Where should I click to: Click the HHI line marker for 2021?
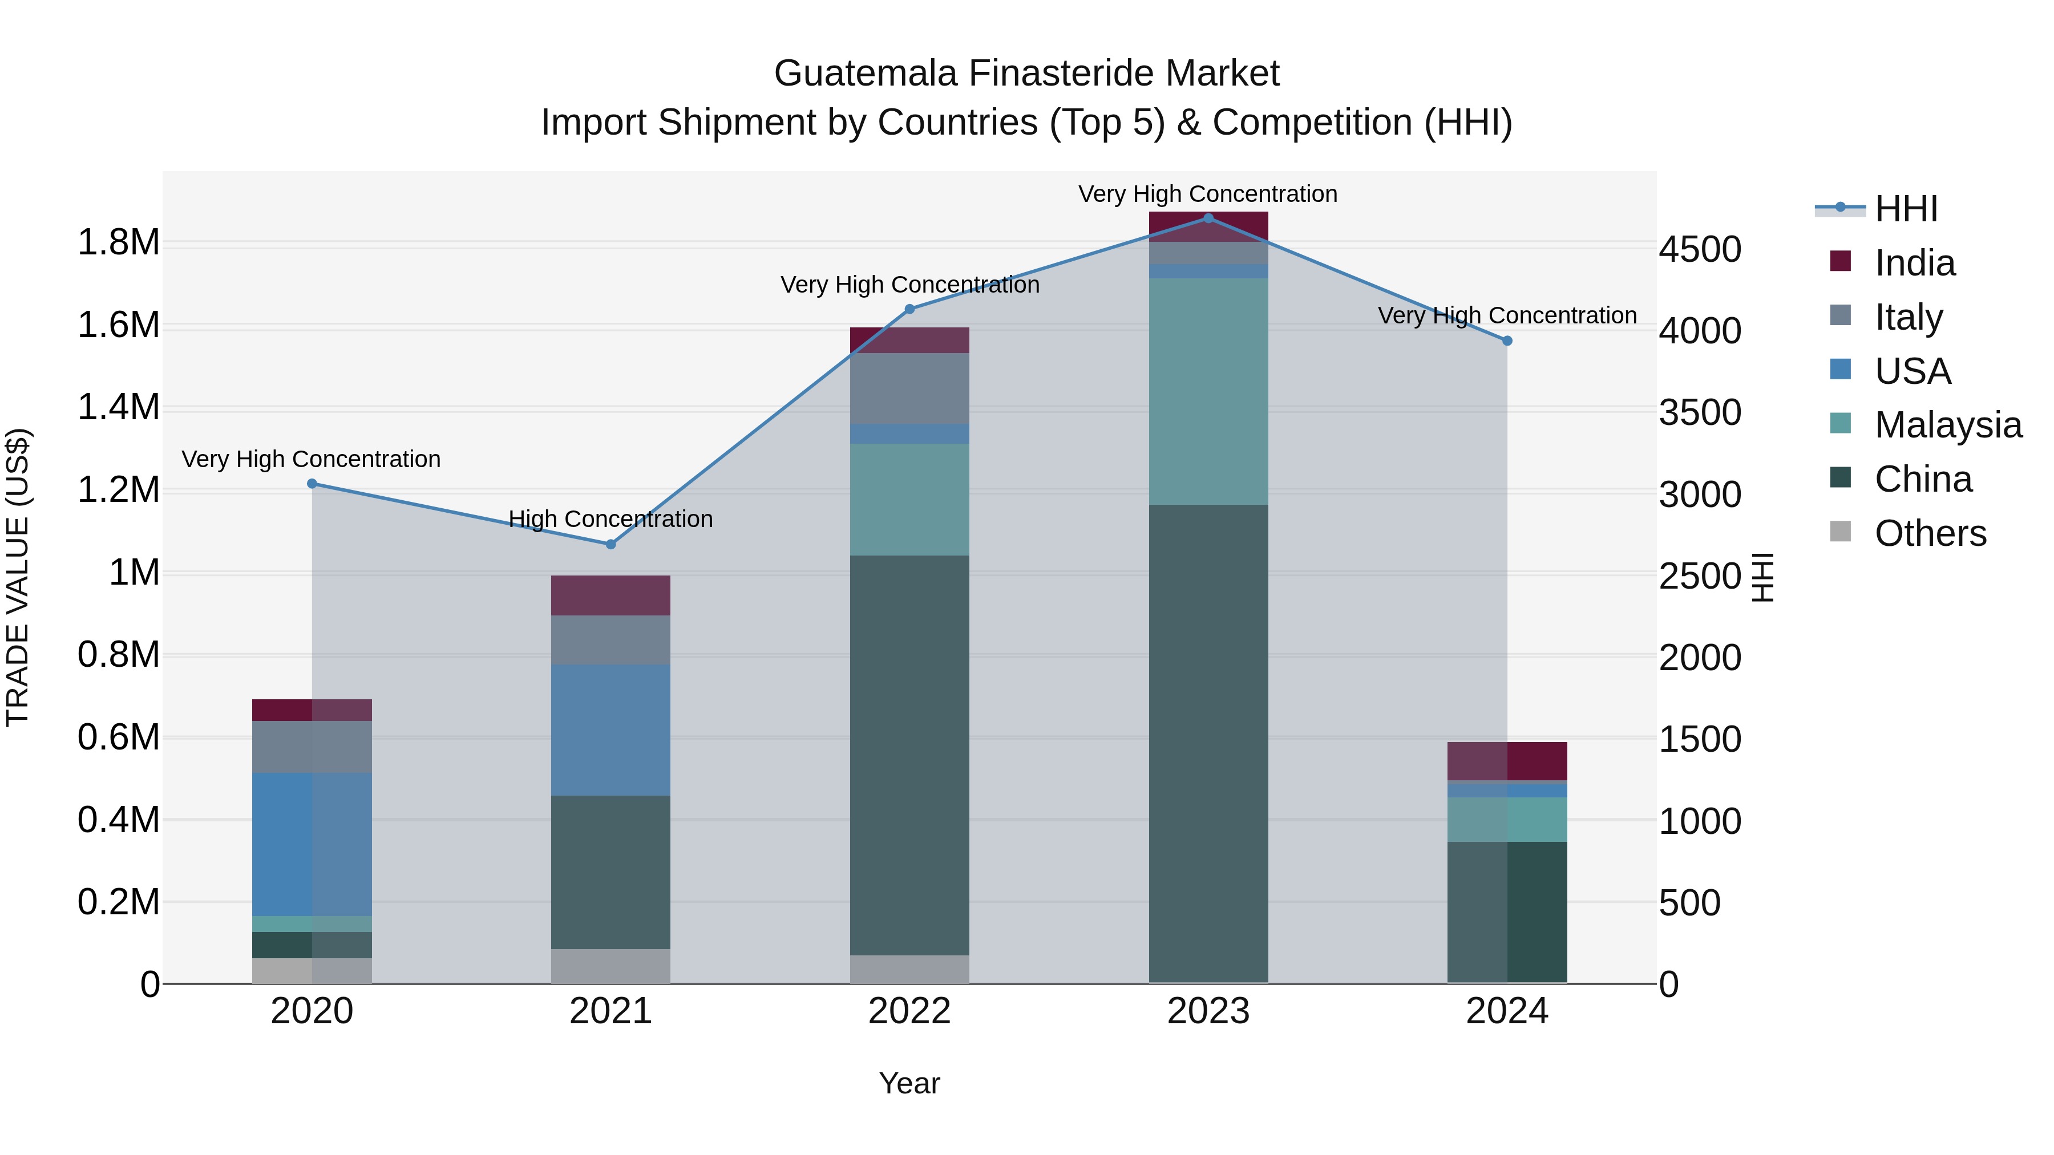click(610, 545)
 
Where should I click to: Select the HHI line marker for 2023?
click(1208, 218)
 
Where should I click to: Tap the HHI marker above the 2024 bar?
click(1507, 341)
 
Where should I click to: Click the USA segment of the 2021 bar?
click(610, 730)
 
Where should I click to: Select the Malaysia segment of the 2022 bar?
click(910, 500)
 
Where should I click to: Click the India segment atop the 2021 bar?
click(610, 595)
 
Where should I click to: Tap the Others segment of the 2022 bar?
click(910, 968)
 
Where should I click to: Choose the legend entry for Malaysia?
click(1947, 425)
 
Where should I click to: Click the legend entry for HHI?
click(1906, 209)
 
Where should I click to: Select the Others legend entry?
click(1930, 533)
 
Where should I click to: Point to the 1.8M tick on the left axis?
click(119, 242)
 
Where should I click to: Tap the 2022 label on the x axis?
click(910, 1011)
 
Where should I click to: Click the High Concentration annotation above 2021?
click(610, 519)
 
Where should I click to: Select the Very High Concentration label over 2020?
click(311, 459)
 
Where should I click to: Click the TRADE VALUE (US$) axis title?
click(18, 577)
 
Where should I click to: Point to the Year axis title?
click(910, 1083)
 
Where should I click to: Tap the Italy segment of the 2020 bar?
click(312, 747)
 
